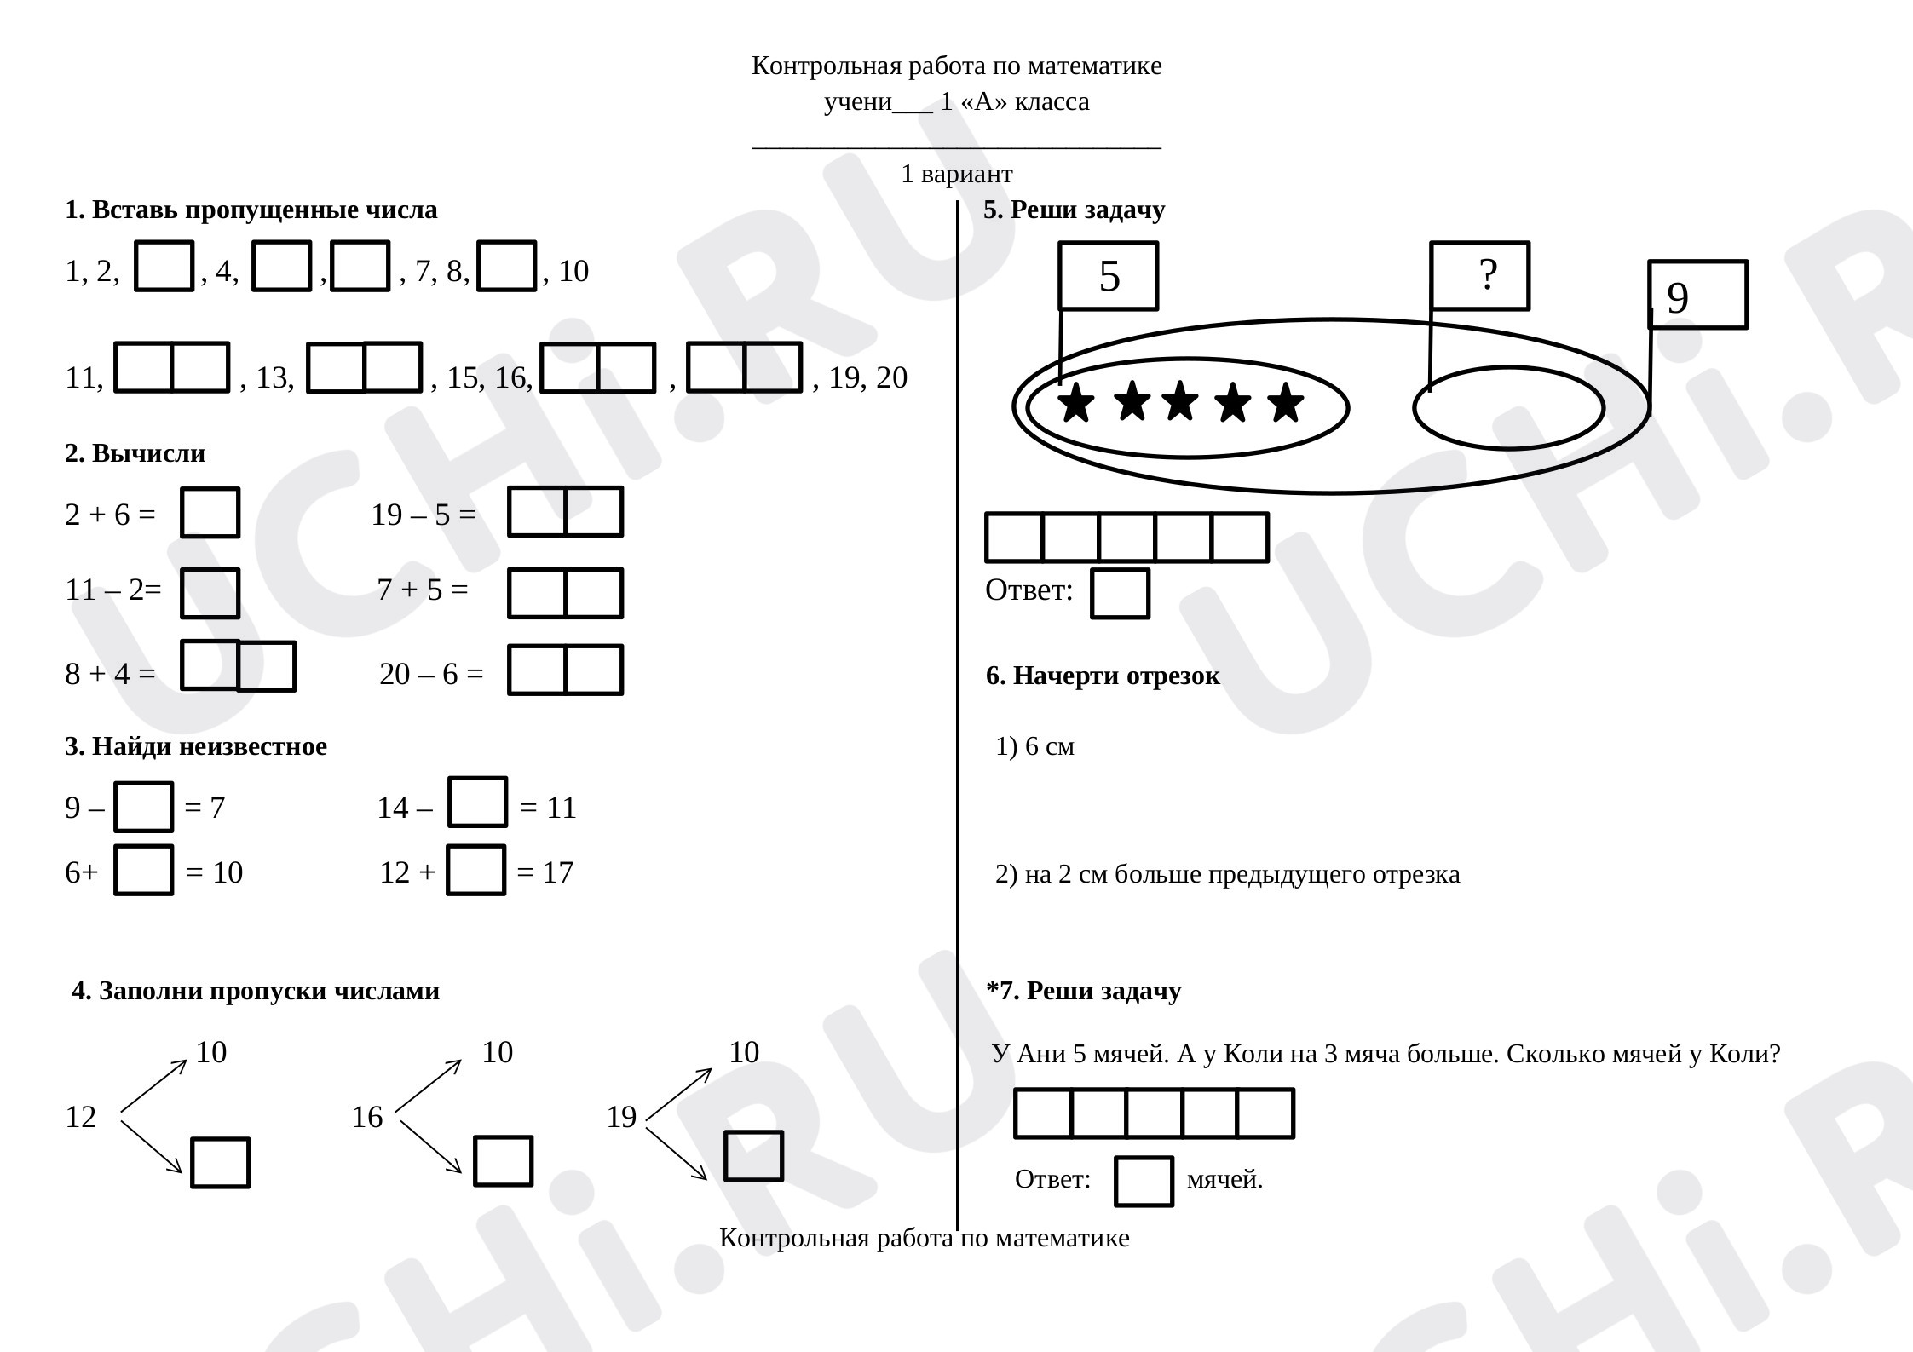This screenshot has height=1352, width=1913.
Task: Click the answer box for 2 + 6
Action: pos(210,512)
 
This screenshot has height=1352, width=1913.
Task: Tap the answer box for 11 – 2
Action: pos(210,593)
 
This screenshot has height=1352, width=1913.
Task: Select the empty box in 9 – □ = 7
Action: pos(143,806)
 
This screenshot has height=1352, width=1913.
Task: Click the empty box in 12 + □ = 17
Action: pos(475,870)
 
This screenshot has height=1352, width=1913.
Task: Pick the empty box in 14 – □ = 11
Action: pos(477,802)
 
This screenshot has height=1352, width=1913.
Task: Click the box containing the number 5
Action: pos(1108,276)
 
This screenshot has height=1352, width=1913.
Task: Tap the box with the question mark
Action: pos(1479,276)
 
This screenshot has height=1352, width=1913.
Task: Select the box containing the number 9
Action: pos(1697,295)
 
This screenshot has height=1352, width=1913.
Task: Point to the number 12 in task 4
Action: pos(81,1117)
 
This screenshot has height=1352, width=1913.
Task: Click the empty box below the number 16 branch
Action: pos(503,1160)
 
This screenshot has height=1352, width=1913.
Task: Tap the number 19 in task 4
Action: pos(621,1117)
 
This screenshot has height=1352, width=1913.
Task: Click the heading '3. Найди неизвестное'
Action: pos(196,746)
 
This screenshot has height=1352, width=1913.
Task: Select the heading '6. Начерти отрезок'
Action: pos(1103,676)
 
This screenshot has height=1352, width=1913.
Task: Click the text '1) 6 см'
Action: pos(1035,746)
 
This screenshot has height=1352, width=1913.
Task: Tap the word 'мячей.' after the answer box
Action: pos(1224,1179)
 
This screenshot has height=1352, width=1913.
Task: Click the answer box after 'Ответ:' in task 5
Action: pos(1120,593)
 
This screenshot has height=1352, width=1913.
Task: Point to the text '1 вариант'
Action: pos(957,174)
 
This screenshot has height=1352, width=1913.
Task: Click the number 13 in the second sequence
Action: pos(273,377)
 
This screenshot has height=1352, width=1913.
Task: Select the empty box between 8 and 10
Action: pos(506,266)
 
